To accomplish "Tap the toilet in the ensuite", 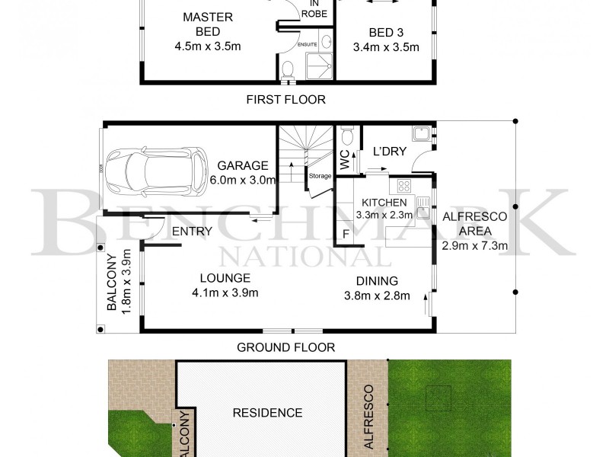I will click(287, 70).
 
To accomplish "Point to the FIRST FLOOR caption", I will click(285, 99).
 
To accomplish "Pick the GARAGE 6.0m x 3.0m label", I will click(244, 172).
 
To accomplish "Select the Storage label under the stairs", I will click(320, 176).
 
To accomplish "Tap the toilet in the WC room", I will click(348, 138).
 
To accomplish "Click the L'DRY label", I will click(388, 152).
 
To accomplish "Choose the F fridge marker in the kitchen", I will click(346, 234).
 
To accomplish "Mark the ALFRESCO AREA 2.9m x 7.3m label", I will click(475, 231).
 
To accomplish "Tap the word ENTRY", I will click(191, 232).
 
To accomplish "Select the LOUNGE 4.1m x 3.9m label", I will click(225, 285).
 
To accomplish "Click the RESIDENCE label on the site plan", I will click(267, 413).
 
